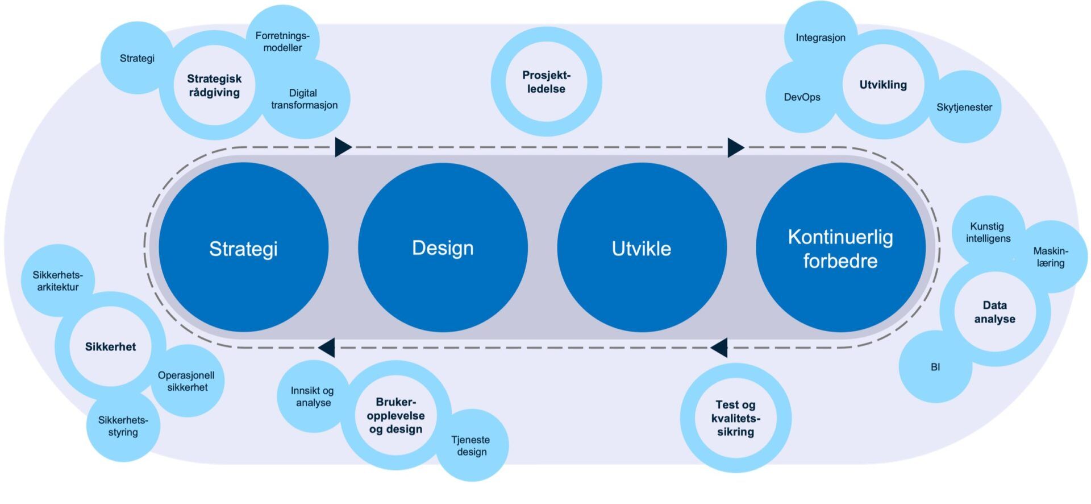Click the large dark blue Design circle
click(443, 247)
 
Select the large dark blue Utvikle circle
click(642, 247)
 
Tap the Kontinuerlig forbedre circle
click(840, 247)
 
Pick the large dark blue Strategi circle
click(243, 247)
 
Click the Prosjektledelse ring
click(546, 82)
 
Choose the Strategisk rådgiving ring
click(214, 85)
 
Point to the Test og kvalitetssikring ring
click(735, 418)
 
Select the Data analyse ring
click(994, 312)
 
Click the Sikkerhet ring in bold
click(110, 346)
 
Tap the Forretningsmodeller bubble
click(282, 41)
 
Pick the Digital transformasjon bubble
click(305, 100)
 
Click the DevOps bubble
click(802, 97)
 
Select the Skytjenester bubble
click(964, 107)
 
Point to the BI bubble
click(935, 367)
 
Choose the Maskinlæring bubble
click(1051, 257)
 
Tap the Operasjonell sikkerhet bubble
click(187, 381)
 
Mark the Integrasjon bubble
click(821, 38)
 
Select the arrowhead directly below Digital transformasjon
click(343, 147)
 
